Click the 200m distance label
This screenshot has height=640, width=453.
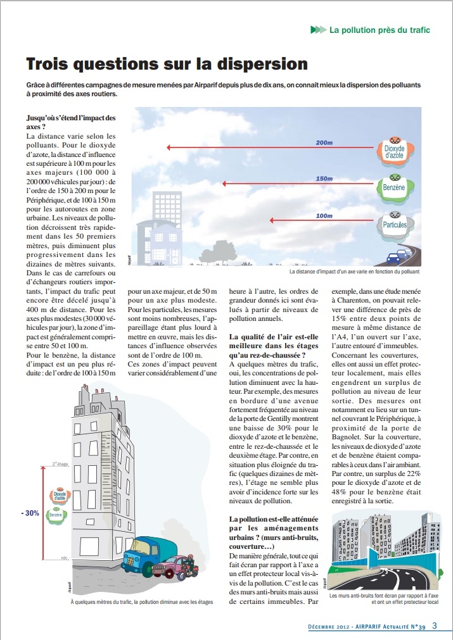[x=324, y=143]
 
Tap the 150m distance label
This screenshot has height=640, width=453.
[x=324, y=179]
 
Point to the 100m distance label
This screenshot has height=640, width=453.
[x=324, y=215]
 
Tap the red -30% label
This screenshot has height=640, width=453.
[x=29, y=513]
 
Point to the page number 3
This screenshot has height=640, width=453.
[x=435, y=626]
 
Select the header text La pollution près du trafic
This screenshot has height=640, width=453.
[x=380, y=30]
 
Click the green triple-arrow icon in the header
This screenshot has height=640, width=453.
[x=318, y=30]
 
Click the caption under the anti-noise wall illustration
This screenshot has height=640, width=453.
[x=384, y=599]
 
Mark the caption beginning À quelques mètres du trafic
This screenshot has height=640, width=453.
[x=141, y=602]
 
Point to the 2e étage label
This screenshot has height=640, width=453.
[x=60, y=465]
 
